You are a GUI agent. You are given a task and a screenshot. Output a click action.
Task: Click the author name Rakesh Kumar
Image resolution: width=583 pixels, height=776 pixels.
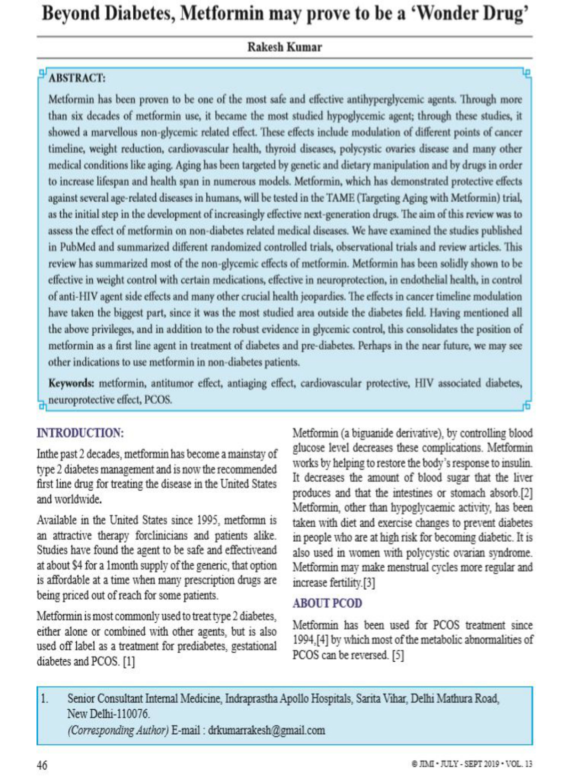click(284, 48)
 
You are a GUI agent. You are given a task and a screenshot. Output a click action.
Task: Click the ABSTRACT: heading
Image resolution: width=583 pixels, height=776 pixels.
click(77, 78)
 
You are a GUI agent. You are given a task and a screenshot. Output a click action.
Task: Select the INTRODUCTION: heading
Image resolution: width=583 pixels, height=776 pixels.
click(80, 433)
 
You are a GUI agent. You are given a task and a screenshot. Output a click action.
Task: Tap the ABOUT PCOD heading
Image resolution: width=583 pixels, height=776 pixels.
click(327, 603)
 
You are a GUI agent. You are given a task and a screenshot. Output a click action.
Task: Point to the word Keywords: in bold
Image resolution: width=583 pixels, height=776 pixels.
click(71, 383)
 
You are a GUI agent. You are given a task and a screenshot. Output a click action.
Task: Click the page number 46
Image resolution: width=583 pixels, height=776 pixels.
click(42, 765)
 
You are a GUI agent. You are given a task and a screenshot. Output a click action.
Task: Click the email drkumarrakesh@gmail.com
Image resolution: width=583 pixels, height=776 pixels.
click(266, 730)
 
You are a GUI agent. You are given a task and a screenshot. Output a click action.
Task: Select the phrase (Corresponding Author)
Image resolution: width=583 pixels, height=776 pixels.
click(118, 730)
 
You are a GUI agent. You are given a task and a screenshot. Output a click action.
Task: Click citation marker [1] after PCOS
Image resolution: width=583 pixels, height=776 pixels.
click(129, 661)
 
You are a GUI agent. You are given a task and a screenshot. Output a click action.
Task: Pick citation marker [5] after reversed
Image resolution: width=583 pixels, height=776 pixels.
click(398, 655)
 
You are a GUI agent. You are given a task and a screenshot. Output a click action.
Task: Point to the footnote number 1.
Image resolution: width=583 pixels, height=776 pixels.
click(44, 698)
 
